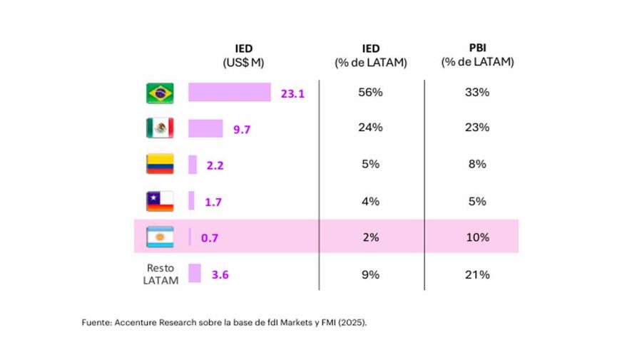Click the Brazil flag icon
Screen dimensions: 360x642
tap(159, 93)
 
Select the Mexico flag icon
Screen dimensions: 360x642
tap(159, 128)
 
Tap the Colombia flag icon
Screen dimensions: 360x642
tap(159, 165)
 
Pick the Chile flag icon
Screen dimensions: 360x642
tap(159, 202)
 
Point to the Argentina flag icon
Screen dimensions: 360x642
tap(159, 237)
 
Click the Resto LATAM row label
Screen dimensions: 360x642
tap(161, 274)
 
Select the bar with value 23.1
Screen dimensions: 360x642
tap(229, 93)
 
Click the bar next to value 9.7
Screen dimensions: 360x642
tap(205, 128)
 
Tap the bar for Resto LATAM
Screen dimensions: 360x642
tap(194, 274)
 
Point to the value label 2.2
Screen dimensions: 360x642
tap(215, 165)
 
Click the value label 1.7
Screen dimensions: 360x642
tap(213, 202)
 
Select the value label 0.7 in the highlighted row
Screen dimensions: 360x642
tap(210, 238)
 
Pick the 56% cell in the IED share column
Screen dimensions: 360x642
tap(371, 92)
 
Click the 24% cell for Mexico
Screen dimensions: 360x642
tap(371, 128)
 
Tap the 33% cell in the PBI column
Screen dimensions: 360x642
tap(477, 92)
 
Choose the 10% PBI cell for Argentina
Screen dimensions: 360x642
tap(477, 237)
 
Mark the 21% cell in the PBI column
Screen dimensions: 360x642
tap(477, 274)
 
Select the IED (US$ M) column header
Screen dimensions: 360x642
tap(243, 56)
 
